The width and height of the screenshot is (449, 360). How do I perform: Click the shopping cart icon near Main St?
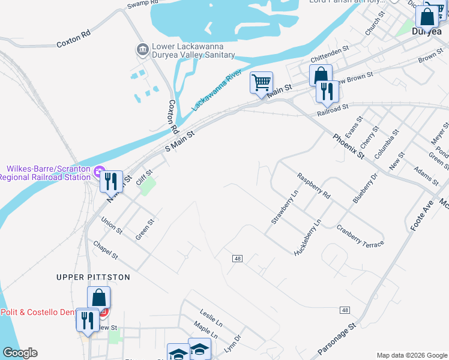[261, 82]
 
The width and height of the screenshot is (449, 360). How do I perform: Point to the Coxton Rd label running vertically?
[173, 116]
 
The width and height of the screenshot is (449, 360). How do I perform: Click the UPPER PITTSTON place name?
[93, 277]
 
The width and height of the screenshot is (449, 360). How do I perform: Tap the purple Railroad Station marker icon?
[99, 172]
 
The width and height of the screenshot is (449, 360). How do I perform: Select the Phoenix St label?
[349, 146]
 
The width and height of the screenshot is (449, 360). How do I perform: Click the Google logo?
[20, 353]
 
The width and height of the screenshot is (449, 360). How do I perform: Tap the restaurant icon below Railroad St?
[327, 91]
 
